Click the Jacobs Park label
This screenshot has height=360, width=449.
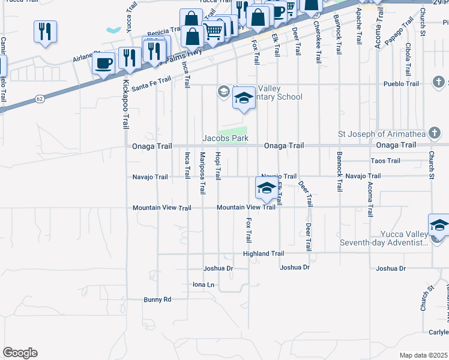click(x=225, y=138)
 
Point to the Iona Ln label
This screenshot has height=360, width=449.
click(x=203, y=284)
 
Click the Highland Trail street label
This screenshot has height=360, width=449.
click(x=264, y=254)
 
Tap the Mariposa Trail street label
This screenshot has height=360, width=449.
click(x=202, y=173)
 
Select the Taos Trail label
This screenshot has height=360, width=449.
click(x=385, y=161)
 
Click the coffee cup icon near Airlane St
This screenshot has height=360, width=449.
click(x=104, y=63)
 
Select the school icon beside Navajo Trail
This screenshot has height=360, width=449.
click(x=267, y=188)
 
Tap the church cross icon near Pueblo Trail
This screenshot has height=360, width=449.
click(x=439, y=82)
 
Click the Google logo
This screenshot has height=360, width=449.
click(x=20, y=353)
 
